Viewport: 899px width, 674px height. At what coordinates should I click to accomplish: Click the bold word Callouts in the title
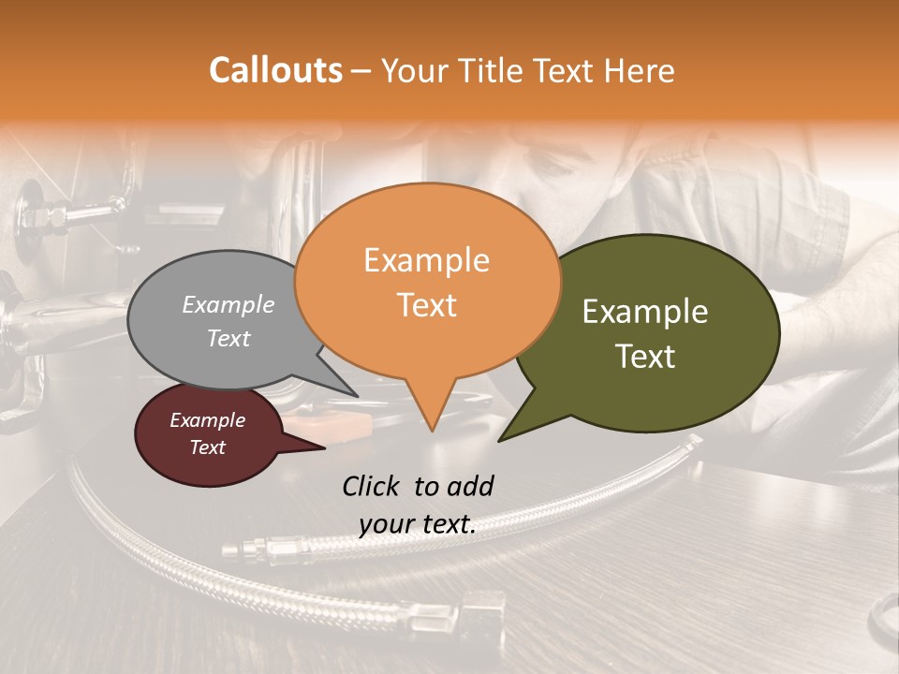point(275,70)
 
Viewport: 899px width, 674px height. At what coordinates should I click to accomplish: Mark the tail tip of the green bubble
point(499,440)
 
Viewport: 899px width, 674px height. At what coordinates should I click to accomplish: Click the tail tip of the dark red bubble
point(324,447)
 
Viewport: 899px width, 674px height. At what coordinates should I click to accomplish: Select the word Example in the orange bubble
point(426,260)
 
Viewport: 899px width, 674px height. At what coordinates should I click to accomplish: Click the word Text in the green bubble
point(645,357)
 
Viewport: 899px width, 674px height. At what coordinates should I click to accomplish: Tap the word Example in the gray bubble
point(228,304)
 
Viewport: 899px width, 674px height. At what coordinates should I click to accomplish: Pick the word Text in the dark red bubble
point(208,447)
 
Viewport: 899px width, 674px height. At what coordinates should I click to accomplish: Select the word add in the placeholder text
point(470,486)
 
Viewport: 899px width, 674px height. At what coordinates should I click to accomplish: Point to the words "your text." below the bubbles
point(418,524)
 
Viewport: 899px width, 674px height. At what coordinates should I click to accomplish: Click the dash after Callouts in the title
point(361,71)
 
